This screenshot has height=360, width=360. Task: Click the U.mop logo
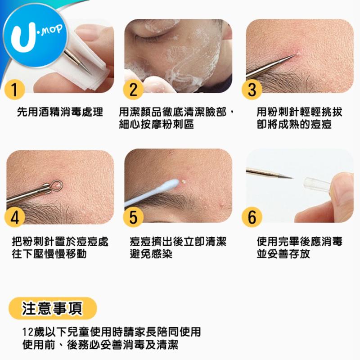(35, 35)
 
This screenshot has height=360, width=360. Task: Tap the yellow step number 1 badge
(15, 90)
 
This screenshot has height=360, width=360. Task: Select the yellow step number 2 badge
(133, 90)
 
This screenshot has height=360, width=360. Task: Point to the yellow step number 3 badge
(252, 90)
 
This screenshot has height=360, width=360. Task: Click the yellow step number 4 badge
(15, 217)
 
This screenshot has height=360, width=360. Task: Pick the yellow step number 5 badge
(133, 217)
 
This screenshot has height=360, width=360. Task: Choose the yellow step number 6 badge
(252, 217)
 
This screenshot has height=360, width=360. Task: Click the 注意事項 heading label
(53, 308)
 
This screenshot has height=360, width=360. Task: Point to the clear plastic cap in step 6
(317, 184)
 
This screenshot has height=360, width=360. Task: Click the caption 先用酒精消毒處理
(60, 112)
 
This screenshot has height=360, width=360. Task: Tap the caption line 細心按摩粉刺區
(156, 124)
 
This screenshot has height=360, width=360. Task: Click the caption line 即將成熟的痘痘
(294, 124)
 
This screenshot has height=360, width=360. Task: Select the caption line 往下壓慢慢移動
(49, 254)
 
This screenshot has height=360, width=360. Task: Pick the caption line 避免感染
(151, 254)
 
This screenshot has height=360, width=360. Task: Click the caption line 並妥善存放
(283, 254)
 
